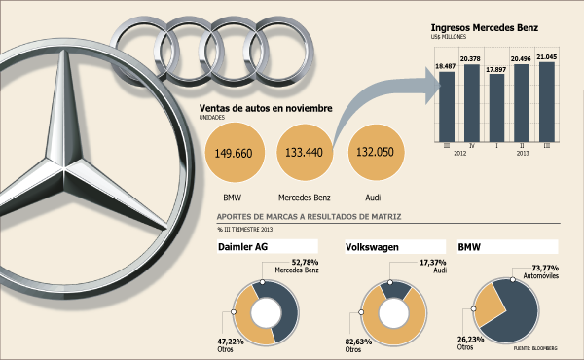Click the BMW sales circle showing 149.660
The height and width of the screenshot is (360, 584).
tap(235, 153)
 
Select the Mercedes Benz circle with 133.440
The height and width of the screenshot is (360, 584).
tap(305, 152)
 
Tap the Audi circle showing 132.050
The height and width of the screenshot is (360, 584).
tap(376, 152)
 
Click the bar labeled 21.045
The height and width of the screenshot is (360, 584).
tap(547, 101)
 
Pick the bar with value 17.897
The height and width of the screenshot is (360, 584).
tap(496, 108)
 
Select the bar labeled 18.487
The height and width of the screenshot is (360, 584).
tap(447, 106)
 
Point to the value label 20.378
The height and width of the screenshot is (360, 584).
tap(470, 58)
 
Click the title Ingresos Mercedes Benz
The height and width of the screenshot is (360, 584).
tap(484, 27)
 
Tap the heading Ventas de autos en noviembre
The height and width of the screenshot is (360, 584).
tap(266, 108)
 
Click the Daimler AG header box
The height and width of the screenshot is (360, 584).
tap(268, 247)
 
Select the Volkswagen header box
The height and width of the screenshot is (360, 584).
tap(395, 247)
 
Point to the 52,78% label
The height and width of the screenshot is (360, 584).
tap(305, 262)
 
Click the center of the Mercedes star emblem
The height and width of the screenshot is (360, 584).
tap(64, 169)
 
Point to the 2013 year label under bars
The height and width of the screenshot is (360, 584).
tap(522, 153)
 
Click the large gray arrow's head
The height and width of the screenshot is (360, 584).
tap(433, 86)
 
